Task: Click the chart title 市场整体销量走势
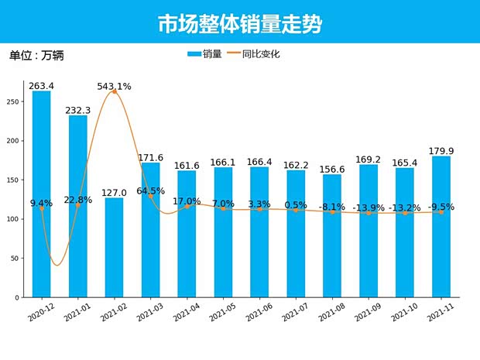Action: pos(239,24)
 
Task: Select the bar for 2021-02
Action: pos(114,248)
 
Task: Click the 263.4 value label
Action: pos(42,85)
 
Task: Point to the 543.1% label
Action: pos(114,86)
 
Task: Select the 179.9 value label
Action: pos(441,151)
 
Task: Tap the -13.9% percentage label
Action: pos(369,208)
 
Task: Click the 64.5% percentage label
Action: pos(151,190)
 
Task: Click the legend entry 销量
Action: pos(205,54)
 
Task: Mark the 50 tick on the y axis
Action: pos(16,259)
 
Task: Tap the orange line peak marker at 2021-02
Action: pos(114,91)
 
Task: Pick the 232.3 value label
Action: pos(78,111)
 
